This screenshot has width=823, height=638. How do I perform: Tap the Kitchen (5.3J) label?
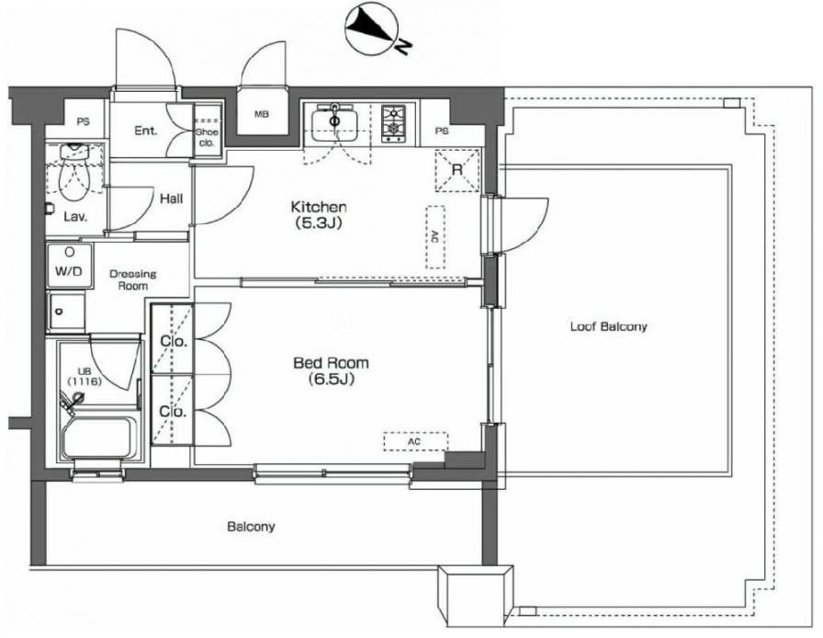click(x=318, y=214)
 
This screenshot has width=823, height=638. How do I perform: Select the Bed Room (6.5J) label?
click(x=331, y=370)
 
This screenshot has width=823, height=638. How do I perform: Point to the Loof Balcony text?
click(x=608, y=326)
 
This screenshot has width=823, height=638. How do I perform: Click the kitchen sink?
click(x=335, y=123)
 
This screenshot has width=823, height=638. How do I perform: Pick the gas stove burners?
click(x=393, y=123)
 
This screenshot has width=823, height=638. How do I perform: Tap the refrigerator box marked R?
click(x=457, y=170)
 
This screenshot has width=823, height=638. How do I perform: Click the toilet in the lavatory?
click(x=73, y=171)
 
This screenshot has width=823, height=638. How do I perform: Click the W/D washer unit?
click(x=70, y=265)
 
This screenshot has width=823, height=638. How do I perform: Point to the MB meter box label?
click(x=262, y=114)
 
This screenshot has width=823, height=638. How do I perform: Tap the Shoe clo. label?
click(x=207, y=137)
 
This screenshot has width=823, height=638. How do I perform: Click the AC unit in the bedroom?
click(x=415, y=441)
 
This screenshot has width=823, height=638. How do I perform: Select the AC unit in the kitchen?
click(x=435, y=237)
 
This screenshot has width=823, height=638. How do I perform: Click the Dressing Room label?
click(x=133, y=279)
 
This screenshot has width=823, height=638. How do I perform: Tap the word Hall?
click(x=171, y=199)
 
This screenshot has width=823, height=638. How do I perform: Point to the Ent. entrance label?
click(x=146, y=131)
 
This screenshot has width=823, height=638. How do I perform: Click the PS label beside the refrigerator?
click(x=442, y=131)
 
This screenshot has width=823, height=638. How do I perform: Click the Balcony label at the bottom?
click(x=251, y=527)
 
